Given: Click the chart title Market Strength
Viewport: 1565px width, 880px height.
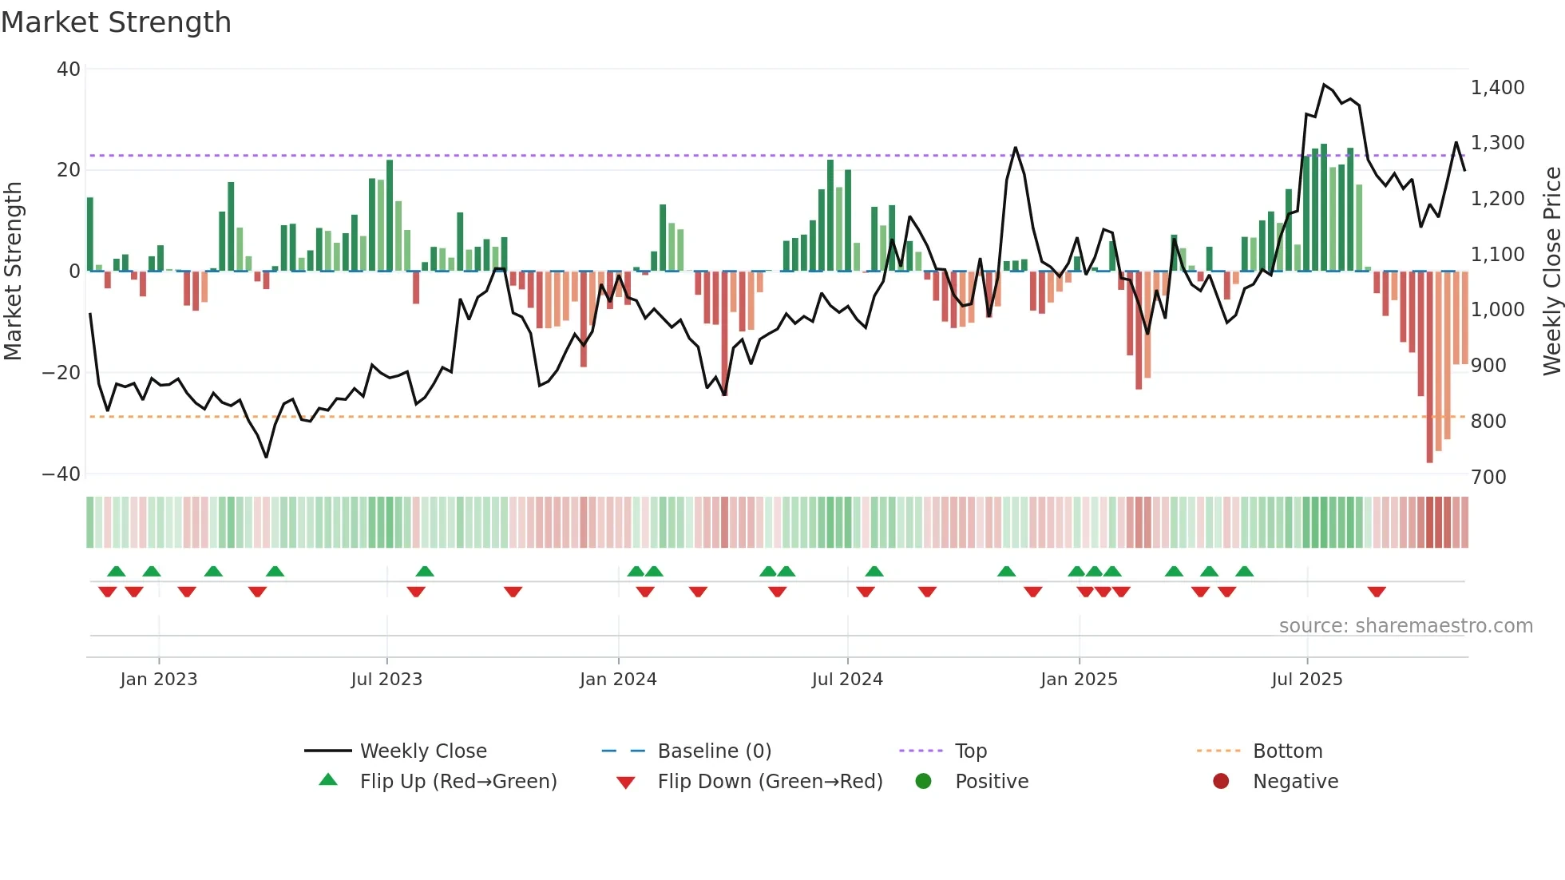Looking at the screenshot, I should click(116, 22).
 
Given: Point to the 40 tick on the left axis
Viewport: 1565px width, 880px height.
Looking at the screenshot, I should click(69, 69).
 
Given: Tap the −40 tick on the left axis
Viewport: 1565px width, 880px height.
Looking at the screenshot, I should click(62, 474).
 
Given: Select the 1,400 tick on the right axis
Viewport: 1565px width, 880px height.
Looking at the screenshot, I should click(1497, 88).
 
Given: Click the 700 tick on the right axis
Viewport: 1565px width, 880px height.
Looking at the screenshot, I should click(1488, 478).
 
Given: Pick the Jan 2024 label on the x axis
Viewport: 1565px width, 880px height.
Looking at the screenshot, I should click(618, 680).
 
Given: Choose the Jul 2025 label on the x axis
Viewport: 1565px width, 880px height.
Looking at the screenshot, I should click(1306, 680).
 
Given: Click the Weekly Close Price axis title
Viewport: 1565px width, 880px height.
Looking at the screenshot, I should click(1551, 272).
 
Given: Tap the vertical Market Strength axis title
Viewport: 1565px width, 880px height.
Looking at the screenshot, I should click(14, 272).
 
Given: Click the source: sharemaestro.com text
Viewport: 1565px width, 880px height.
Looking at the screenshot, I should click(1405, 626).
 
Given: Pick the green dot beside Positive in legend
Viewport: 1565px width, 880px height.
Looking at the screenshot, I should click(924, 782).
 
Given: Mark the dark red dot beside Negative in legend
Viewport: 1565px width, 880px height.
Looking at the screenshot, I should click(1221, 782).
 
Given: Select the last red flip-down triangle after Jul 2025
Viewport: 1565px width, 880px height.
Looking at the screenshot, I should click(1377, 592).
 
